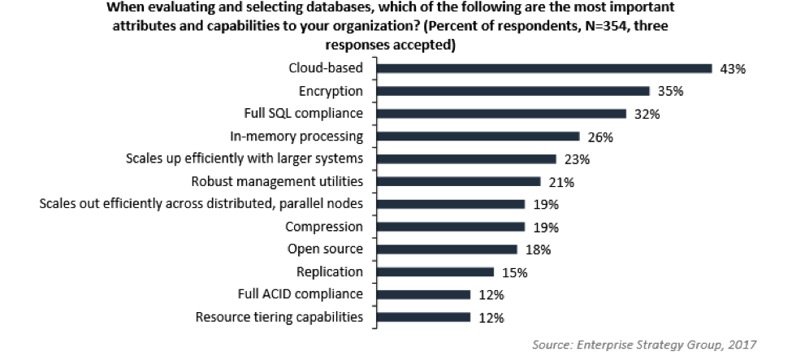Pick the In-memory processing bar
(476, 137)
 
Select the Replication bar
(434, 271)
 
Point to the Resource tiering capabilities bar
(422, 317)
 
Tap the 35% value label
(669, 92)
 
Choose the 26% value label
(599, 137)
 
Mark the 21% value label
(560, 182)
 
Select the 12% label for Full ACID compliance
(490, 294)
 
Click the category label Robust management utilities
(276, 180)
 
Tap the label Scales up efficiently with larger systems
(244, 158)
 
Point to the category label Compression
(323, 226)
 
